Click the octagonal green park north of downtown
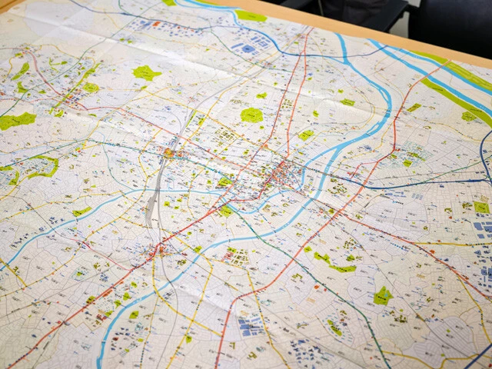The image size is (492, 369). click(251, 115)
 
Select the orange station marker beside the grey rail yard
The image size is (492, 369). click(169, 153)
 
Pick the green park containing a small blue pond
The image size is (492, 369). click(382, 295)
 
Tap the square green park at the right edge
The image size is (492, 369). click(480, 207)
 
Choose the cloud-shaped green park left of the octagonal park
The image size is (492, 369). click(145, 73)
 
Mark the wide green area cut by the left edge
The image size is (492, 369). click(17, 121)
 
